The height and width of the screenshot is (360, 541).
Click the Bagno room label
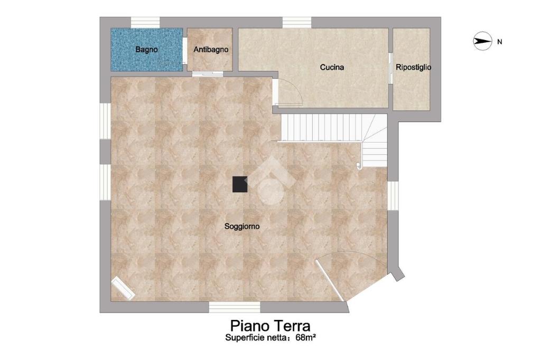147,49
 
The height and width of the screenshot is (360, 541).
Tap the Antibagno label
211,49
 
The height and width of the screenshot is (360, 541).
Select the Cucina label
332,67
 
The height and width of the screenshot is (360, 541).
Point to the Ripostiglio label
413,67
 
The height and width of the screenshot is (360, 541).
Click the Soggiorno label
242,226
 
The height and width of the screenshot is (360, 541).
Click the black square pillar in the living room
240,184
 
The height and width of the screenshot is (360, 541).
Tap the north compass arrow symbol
482,41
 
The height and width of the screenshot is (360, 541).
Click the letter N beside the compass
499,42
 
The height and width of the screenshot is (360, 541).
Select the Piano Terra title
270,326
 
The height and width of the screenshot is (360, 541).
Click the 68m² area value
306,338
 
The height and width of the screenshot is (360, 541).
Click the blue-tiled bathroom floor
147,50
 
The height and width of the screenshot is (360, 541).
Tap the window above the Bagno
145,22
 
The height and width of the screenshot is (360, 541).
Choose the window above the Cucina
297,22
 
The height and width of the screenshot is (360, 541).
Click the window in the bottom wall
235,307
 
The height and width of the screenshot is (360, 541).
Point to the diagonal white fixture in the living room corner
123,288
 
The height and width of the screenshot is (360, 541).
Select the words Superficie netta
256,338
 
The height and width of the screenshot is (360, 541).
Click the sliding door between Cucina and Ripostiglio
390,68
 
